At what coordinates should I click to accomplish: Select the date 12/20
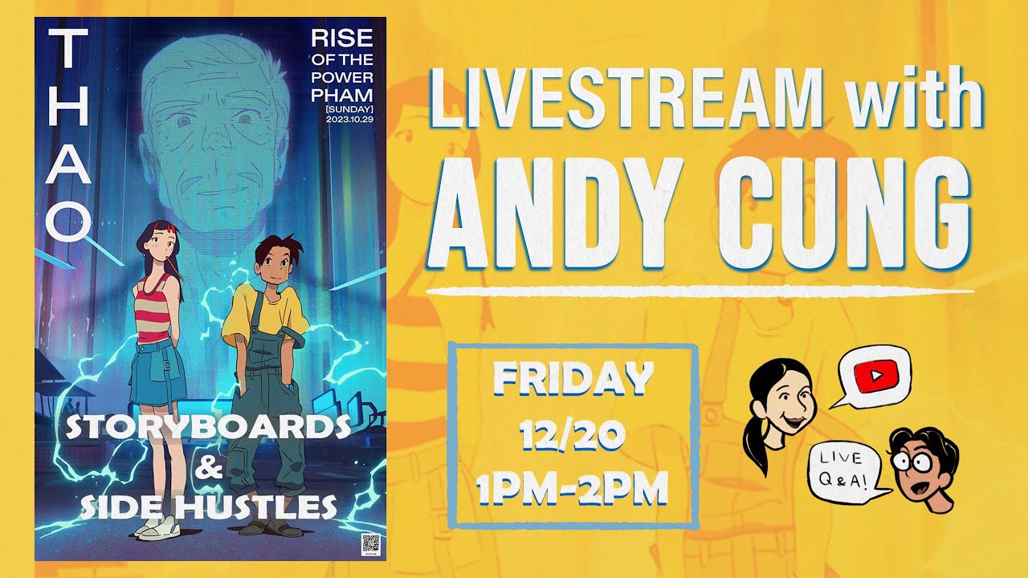click(x=572, y=436)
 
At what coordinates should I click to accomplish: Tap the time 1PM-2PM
click(x=572, y=490)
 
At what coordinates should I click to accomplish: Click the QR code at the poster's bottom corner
click(x=370, y=543)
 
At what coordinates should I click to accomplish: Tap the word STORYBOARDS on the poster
click(x=209, y=428)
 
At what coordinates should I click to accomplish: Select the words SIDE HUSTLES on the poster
click(x=209, y=507)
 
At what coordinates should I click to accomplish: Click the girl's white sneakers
click(x=157, y=527)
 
